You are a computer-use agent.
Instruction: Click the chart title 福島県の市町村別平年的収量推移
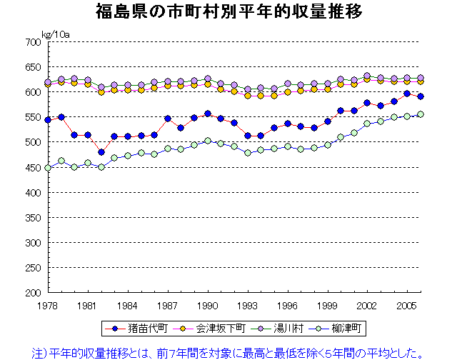(x=228, y=12)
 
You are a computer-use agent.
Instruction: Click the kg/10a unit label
(x=55, y=34)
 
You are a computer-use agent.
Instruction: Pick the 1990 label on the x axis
(x=207, y=304)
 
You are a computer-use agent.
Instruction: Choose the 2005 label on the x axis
(x=406, y=304)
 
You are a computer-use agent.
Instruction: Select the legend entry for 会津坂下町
(x=213, y=329)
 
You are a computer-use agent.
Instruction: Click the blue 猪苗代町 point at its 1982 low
(x=101, y=152)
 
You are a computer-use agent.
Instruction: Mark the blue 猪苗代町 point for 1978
(x=48, y=120)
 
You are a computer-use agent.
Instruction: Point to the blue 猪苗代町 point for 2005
(x=407, y=94)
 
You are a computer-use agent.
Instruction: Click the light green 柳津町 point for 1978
(x=48, y=168)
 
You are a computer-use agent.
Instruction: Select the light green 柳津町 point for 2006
(x=421, y=114)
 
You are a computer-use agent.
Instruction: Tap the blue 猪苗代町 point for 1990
(x=208, y=114)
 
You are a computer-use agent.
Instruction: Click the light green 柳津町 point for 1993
(x=248, y=153)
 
